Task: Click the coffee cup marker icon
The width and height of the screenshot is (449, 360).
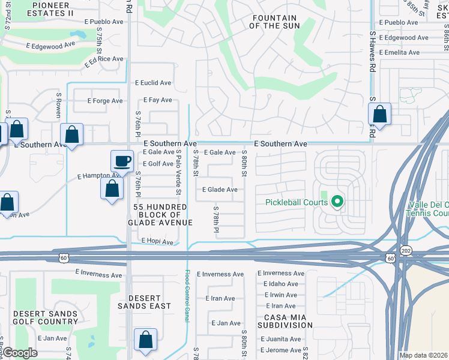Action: click(122, 161)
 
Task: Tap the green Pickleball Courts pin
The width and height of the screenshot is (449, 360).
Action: click(337, 202)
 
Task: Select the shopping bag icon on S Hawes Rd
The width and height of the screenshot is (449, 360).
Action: click(379, 113)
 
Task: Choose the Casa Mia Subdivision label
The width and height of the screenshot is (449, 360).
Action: click(285, 320)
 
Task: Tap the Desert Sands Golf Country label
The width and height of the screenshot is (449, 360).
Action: click(46, 317)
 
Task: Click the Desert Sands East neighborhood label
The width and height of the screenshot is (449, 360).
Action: click(144, 302)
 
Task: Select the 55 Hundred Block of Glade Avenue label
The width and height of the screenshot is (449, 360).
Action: click(160, 214)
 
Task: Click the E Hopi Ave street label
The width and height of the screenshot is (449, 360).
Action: click(157, 242)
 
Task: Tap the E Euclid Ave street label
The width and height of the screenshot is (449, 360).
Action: click(153, 83)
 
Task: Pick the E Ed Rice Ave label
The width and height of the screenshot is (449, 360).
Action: click(103, 60)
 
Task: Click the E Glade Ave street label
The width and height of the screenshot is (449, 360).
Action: click(220, 190)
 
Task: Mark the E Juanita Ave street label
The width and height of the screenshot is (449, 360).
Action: click(279, 339)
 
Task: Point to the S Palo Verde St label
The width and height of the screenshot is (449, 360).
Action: click(178, 173)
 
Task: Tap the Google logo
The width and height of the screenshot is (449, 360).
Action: click(20, 353)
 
